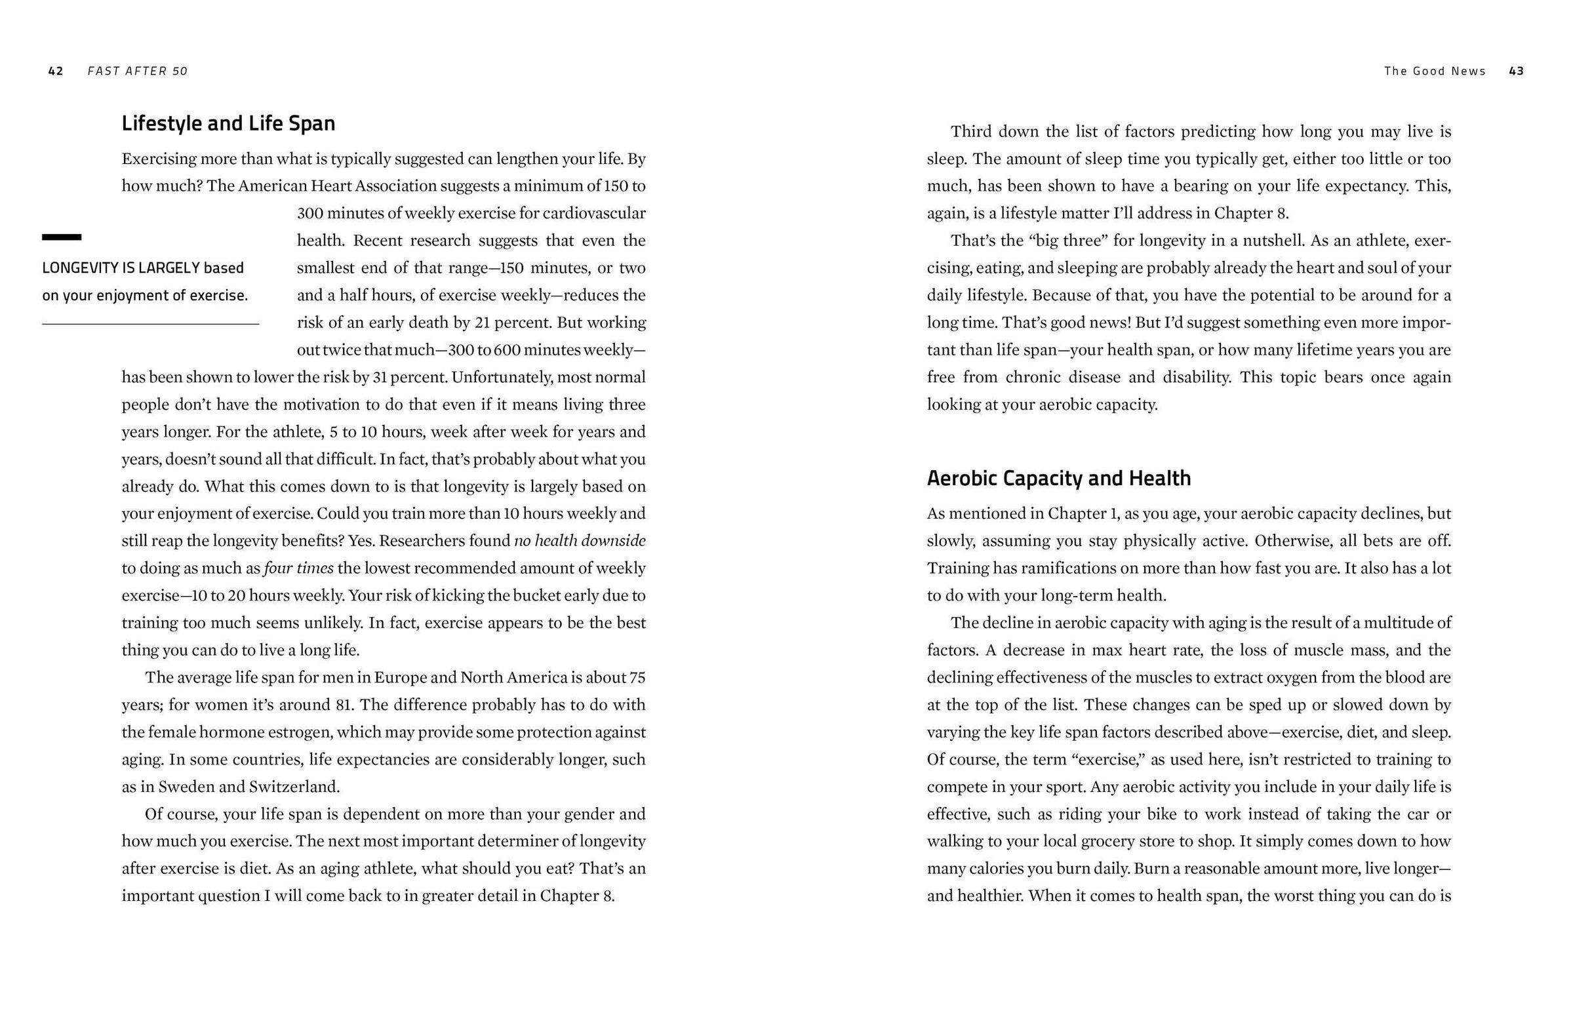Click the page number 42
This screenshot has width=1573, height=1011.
click(x=56, y=71)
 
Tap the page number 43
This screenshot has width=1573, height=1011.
click(x=1517, y=71)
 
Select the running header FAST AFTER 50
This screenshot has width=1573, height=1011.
click(x=138, y=71)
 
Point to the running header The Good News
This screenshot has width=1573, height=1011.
click(x=1435, y=71)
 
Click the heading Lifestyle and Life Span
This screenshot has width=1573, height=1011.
click(x=228, y=123)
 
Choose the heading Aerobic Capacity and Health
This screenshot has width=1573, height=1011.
click(x=1058, y=478)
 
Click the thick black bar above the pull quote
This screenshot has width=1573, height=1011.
click(x=62, y=237)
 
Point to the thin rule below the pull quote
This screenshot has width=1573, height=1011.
click(x=150, y=325)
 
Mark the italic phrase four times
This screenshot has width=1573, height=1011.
click(x=299, y=568)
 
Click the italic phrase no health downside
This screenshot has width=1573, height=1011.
click(x=580, y=540)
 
